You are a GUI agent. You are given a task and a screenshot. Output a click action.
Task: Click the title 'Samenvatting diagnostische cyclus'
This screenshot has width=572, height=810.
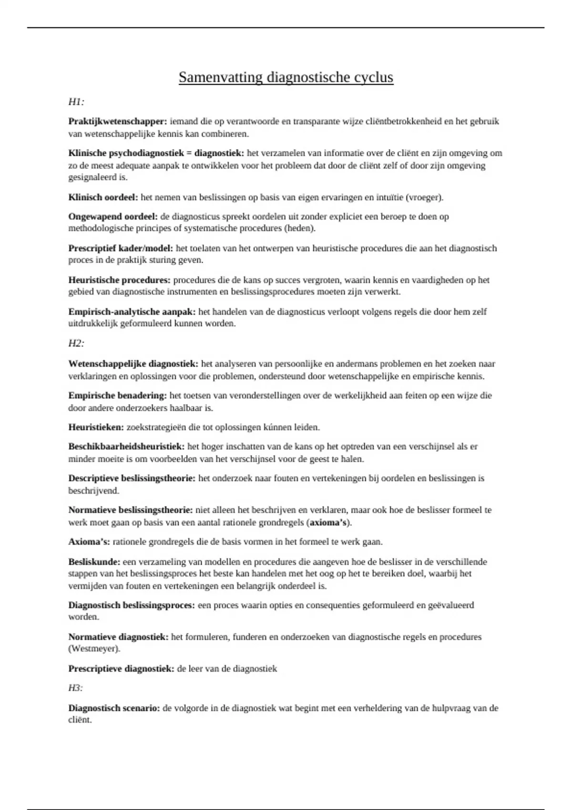click(286, 77)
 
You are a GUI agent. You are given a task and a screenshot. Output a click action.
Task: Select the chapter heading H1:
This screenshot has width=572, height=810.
click(76, 101)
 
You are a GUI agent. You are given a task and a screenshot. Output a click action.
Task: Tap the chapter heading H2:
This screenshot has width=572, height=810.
click(76, 343)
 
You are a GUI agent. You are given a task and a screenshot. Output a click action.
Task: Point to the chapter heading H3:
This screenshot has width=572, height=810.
click(76, 688)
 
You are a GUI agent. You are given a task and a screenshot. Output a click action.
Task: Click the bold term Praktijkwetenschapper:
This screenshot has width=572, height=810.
click(118, 121)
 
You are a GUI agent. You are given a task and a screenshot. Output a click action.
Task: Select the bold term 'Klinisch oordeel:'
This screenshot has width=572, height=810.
click(103, 197)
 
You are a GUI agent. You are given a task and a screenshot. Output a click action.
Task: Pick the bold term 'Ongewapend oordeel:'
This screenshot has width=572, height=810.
click(113, 216)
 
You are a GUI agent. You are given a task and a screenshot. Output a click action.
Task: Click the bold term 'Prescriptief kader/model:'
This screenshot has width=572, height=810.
click(121, 248)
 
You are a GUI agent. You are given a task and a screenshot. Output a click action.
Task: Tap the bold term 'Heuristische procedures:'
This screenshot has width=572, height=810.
click(119, 280)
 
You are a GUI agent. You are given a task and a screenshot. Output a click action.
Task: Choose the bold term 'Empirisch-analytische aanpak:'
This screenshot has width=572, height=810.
click(132, 312)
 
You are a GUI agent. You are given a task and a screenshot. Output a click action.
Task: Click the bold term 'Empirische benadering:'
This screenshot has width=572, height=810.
click(117, 395)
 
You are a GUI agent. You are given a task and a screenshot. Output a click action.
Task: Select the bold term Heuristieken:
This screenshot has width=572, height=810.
click(96, 427)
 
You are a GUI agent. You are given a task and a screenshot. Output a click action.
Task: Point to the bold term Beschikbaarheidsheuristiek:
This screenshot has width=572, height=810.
click(126, 446)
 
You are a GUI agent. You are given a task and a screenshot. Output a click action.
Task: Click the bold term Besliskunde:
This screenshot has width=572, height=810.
click(94, 562)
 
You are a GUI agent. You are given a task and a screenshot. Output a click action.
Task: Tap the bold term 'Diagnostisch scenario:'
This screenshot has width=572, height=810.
click(114, 708)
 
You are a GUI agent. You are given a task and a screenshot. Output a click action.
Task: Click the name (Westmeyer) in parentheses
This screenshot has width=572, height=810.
click(94, 648)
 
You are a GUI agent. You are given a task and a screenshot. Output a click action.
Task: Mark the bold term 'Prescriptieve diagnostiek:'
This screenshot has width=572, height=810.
click(121, 668)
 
